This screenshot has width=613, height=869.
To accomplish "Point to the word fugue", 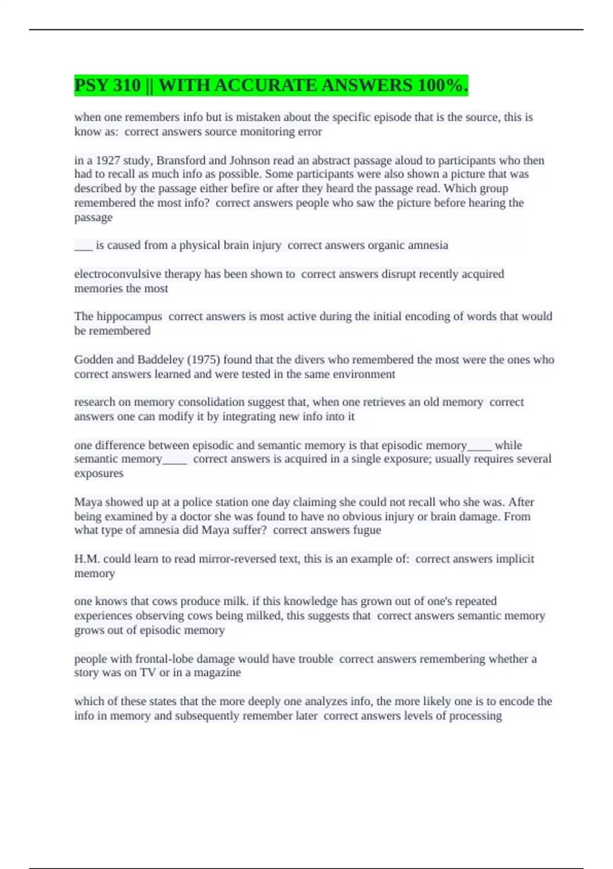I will tap(367, 530).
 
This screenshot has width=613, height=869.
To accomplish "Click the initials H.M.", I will tap(86, 559).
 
